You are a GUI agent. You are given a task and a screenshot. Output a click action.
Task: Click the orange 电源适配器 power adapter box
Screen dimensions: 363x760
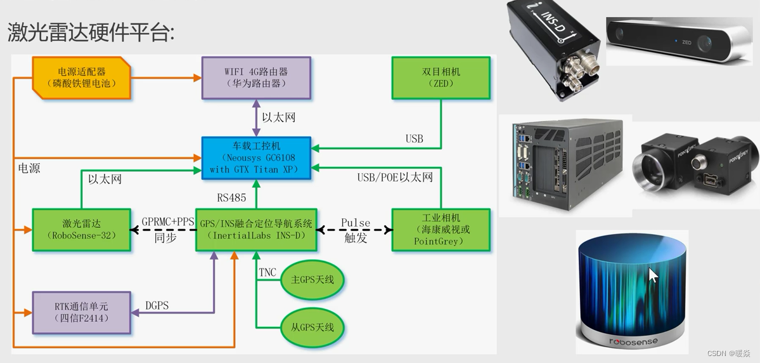pos(82,77)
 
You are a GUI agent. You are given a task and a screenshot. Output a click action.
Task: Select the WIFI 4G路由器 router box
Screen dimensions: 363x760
pos(256,77)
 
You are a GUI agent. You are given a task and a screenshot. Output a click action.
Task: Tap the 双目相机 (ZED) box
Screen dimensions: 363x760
pos(441,77)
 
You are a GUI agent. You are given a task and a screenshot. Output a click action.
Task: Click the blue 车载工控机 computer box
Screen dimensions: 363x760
pos(256,157)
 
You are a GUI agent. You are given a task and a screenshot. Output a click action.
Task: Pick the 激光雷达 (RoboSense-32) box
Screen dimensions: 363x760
pos(82,230)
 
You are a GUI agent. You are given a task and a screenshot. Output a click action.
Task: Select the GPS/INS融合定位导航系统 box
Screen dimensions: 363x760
pos(256,230)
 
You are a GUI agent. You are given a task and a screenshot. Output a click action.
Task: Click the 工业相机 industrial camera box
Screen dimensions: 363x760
pos(441,230)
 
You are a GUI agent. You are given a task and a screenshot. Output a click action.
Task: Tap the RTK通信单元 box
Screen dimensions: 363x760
pos(82,312)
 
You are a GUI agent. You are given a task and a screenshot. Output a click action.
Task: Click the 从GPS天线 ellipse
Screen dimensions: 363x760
pos(312,327)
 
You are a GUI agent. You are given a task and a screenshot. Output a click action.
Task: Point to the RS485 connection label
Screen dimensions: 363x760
pos(231,197)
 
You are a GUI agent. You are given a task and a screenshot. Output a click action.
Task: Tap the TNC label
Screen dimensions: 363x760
pos(267,272)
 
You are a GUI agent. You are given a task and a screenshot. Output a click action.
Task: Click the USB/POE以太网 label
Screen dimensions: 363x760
pos(395,177)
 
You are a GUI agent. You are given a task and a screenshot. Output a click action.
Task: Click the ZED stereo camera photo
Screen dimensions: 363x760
pos(679,41)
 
